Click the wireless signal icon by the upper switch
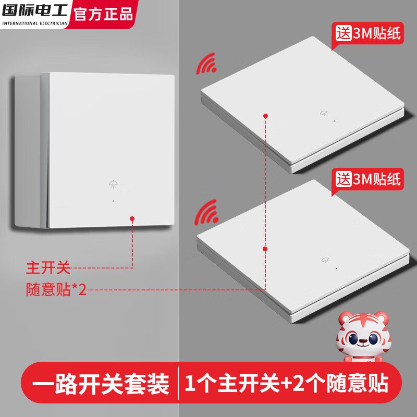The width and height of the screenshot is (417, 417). [206, 64]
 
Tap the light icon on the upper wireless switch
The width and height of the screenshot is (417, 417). [324, 112]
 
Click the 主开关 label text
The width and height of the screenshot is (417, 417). [48, 268]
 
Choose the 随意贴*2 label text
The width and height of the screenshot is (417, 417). [56, 290]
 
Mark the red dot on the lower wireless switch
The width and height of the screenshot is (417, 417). [265, 250]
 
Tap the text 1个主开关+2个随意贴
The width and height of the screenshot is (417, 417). [287, 385]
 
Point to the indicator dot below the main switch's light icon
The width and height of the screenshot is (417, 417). [113, 201]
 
